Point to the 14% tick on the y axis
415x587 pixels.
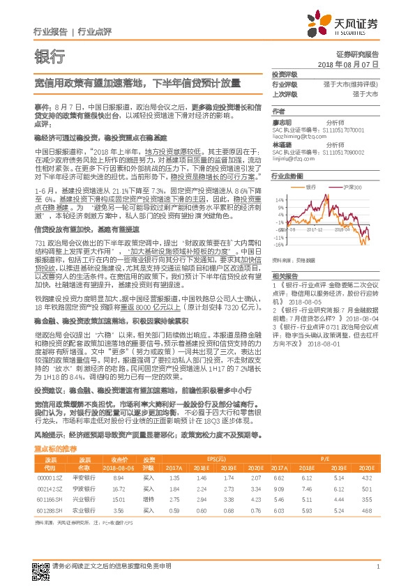click(x=279, y=199)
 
